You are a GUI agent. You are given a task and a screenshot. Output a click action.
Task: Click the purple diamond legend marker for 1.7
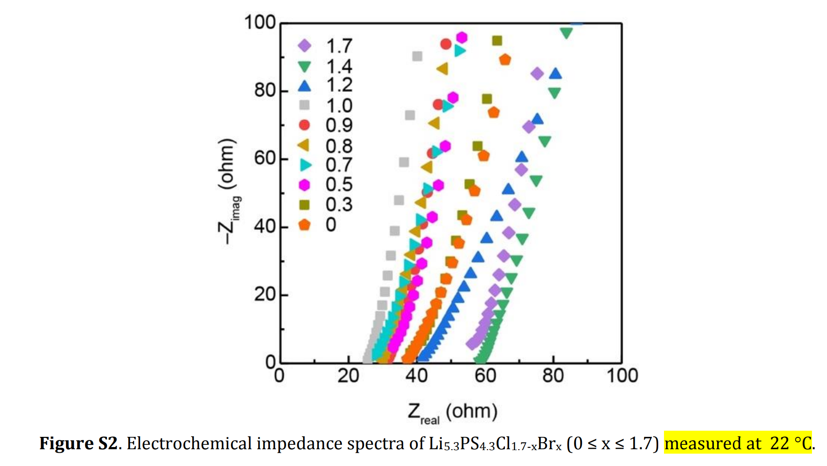point(304,45)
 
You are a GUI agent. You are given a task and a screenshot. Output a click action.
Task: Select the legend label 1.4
point(339,67)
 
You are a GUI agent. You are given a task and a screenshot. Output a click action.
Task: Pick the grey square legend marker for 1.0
point(304,105)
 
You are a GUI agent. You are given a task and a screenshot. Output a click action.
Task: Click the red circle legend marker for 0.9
point(304,125)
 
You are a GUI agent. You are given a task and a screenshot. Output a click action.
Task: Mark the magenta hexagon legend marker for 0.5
point(304,185)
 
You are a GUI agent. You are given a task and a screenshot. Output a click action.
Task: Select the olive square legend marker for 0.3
point(304,205)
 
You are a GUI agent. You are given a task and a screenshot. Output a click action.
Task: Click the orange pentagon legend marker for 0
point(304,225)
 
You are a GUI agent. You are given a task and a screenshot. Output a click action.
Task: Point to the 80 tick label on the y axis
point(265,90)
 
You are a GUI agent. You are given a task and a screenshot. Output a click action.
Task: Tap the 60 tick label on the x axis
point(485,376)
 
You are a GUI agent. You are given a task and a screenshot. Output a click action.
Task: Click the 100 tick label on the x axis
point(622,376)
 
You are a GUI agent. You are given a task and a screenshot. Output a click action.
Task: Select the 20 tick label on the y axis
point(265,294)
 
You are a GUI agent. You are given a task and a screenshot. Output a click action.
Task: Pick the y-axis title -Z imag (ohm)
point(229,192)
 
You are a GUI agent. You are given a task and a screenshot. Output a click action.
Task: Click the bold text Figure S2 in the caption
point(78,443)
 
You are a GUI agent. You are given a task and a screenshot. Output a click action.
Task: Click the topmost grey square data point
point(417,56)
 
